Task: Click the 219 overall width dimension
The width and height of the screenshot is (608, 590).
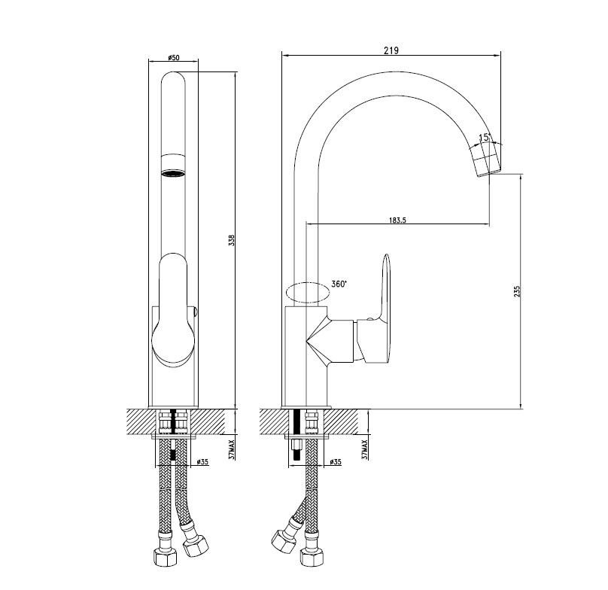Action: [x=391, y=50]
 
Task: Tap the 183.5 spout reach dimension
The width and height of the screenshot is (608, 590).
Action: [x=397, y=220]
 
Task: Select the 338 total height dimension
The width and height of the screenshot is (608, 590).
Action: [x=232, y=241]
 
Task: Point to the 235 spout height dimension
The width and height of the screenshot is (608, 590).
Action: [x=516, y=291]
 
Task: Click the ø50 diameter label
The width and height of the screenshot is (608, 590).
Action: [x=174, y=58]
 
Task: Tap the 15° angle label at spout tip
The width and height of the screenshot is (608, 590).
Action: [x=485, y=137]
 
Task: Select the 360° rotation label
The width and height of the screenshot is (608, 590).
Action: [x=339, y=284]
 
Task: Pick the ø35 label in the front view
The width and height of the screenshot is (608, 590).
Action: [x=203, y=461]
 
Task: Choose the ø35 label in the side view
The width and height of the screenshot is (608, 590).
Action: [x=335, y=461]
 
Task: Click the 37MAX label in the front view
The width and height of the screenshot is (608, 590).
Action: [x=232, y=450]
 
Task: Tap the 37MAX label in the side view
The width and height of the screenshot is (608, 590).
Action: [x=364, y=450]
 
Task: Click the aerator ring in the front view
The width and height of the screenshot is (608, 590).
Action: [x=173, y=173]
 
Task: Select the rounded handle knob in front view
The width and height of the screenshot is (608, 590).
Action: [x=173, y=309]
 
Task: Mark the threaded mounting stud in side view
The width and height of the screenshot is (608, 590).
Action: [x=296, y=450]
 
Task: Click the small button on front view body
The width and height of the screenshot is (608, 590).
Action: [x=196, y=310]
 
